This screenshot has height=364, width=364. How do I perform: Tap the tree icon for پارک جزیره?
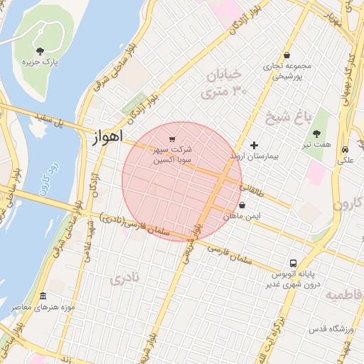[x=40, y=50]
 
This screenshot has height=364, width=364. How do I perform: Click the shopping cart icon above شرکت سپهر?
[x=173, y=138]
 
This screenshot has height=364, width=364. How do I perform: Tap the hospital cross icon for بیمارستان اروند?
[x=255, y=145]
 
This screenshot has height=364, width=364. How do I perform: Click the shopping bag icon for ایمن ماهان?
[x=242, y=205]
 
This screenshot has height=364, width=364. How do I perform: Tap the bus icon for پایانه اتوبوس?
[x=294, y=262]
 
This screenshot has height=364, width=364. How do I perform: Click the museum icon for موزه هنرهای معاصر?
[x=43, y=296]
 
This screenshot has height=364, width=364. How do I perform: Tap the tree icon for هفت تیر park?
[x=316, y=133]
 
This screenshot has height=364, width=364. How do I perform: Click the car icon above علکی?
[x=345, y=150]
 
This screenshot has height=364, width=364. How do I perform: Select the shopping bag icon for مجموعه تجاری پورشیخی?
[x=287, y=55]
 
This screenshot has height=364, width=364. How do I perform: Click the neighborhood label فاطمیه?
[x=342, y=294]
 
